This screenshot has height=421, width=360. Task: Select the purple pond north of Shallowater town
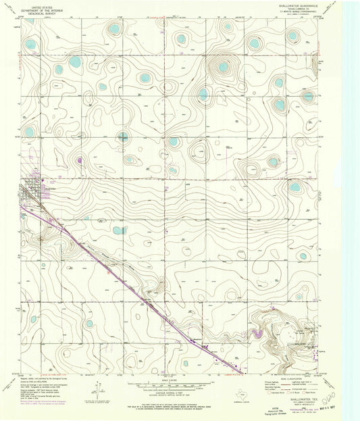80,160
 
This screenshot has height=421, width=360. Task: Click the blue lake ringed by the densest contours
223,67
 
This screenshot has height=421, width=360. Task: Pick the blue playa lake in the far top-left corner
30,45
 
